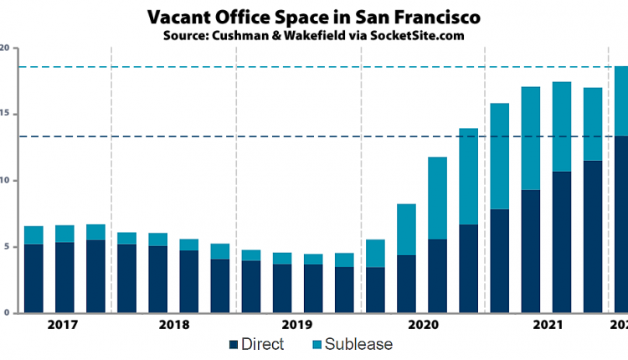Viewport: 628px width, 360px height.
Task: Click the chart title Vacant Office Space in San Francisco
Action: [x=313, y=17]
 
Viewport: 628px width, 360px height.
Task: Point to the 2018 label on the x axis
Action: [x=173, y=324]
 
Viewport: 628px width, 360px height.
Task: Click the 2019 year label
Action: [x=298, y=324]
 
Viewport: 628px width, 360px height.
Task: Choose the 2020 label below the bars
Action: [x=423, y=324]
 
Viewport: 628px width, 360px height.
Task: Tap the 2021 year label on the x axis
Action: [x=547, y=324]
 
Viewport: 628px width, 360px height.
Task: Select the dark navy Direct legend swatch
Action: [x=233, y=344]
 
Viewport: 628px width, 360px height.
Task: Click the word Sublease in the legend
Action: [x=358, y=344]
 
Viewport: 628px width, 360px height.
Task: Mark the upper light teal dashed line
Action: [x=251, y=67]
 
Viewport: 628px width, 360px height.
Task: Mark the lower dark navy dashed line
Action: [x=251, y=136]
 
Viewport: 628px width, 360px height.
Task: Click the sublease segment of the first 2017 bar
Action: [x=33, y=235]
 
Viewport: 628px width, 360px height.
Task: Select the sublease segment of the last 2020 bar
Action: [x=468, y=176]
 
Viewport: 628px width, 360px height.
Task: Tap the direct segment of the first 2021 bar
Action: [x=499, y=260]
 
